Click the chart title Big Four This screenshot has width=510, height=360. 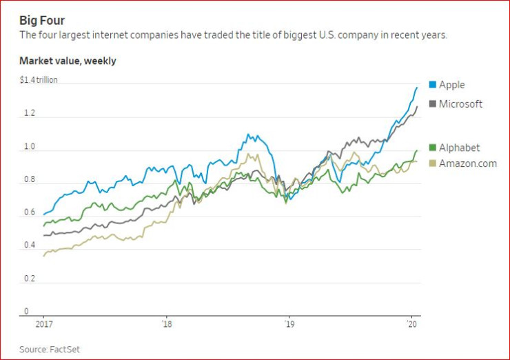point(42,20)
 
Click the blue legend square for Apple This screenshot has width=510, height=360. point(432,85)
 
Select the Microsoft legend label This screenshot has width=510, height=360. point(460,104)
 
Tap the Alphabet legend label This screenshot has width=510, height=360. point(459,148)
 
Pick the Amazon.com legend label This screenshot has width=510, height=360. point(467,163)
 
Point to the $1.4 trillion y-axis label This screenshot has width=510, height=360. point(39,80)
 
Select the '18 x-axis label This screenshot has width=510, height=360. point(167,323)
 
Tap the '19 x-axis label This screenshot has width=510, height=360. point(289,323)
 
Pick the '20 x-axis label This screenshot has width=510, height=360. point(412,323)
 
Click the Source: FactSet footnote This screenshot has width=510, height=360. point(50,349)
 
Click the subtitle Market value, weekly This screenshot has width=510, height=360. point(68,61)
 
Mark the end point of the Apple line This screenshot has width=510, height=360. point(417,87)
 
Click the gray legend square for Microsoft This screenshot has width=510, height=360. point(432,104)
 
